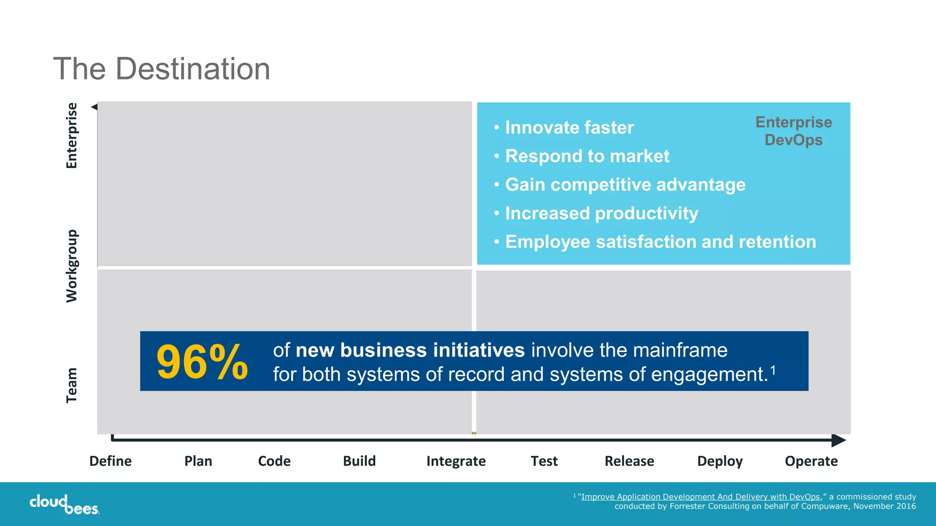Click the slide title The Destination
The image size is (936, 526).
coord(161,69)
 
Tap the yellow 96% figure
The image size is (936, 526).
coord(202,362)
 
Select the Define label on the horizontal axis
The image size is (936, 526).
coord(110,461)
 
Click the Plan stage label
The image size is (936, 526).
coord(198,461)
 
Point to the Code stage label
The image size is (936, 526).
coord(274,461)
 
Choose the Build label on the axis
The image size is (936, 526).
coord(359,461)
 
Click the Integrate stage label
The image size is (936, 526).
coord(456,461)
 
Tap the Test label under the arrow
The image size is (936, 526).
coord(544,461)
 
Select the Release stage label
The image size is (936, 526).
coord(629,461)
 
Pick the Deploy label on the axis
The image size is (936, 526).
coord(719,461)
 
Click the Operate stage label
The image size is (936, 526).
coord(811,461)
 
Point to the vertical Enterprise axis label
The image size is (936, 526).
coord(72,136)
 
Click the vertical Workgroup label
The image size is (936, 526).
coord(72,266)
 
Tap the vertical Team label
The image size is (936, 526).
coord(72,385)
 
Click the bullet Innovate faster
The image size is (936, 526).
coord(569,128)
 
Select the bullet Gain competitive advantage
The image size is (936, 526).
coord(625,185)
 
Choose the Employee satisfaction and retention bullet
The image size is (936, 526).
coord(660,242)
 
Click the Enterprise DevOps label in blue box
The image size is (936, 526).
coord(793,131)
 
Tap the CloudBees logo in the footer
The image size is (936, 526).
coord(64,504)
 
